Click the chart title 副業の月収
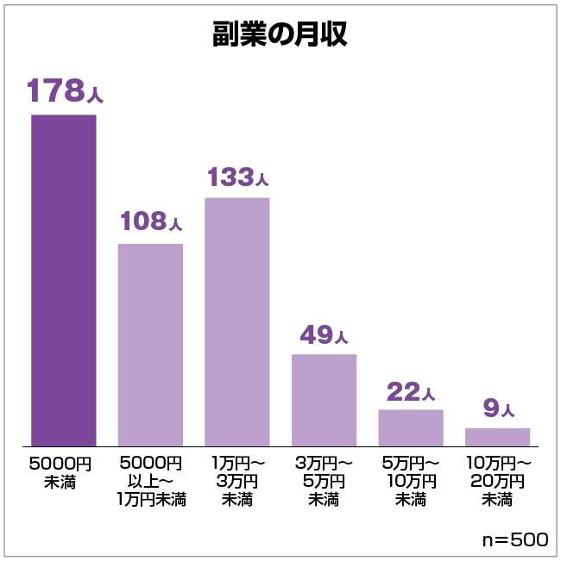click(280, 35)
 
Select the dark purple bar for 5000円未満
click(64, 280)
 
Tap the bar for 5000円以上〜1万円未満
click(150, 345)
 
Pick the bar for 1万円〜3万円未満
click(236, 321)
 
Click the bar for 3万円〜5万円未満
click(324, 400)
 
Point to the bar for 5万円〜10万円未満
click(410, 427)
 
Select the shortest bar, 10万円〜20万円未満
click(497, 437)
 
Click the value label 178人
click(64, 91)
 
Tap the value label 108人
click(151, 221)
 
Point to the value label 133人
click(237, 177)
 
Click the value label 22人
click(410, 392)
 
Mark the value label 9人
click(498, 408)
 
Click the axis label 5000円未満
click(60, 472)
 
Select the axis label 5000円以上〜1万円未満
click(151, 482)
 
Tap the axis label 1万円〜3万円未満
click(237, 482)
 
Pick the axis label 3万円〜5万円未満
click(324, 482)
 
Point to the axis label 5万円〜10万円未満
click(410, 482)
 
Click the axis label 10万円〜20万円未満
click(497, 482)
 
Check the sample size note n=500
click(514, 540)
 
